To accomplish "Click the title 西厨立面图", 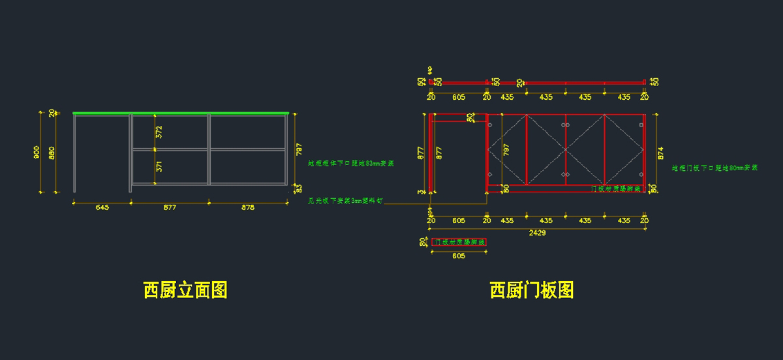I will tap(185, 290).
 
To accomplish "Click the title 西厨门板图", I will tap(532, 290).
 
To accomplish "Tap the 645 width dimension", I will tap(102, 207).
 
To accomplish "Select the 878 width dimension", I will tap(248, 207).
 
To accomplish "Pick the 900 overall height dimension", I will tap(37, 153).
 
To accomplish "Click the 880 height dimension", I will tap(52, 153).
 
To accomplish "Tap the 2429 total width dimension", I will tap(537, 232).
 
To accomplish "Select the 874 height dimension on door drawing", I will tap(660, 153).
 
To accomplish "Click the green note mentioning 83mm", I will tap(351, 164).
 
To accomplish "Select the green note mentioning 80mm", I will tap(714, 168).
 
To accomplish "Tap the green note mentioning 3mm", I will tap(346, 201).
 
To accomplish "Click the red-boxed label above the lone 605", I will tap(459, 242).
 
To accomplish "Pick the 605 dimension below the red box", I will tap(459, 256).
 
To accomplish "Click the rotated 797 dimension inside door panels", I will tap(506, 149).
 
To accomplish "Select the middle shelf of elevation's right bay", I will tap(248, 149).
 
